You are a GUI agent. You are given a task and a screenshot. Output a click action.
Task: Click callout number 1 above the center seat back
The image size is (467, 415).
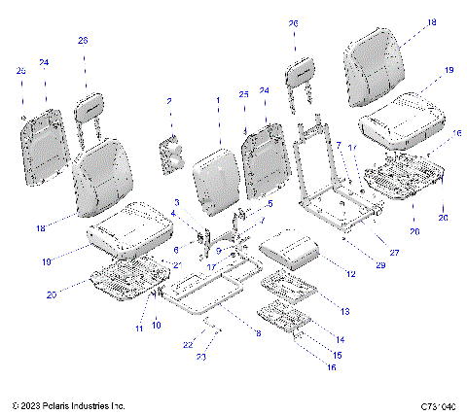(x=218, y=101)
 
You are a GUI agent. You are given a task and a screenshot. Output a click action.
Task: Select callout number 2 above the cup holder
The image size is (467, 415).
(x=168, y=101)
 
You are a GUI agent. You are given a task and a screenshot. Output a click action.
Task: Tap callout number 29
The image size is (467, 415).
(x=352, y=264)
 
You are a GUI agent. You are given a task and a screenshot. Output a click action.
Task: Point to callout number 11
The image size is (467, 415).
(x=139, y=330)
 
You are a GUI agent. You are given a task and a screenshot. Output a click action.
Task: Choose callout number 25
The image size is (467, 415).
(x=243, y=93)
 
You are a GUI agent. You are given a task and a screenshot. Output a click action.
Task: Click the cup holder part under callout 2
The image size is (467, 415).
(x=172, y=156)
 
